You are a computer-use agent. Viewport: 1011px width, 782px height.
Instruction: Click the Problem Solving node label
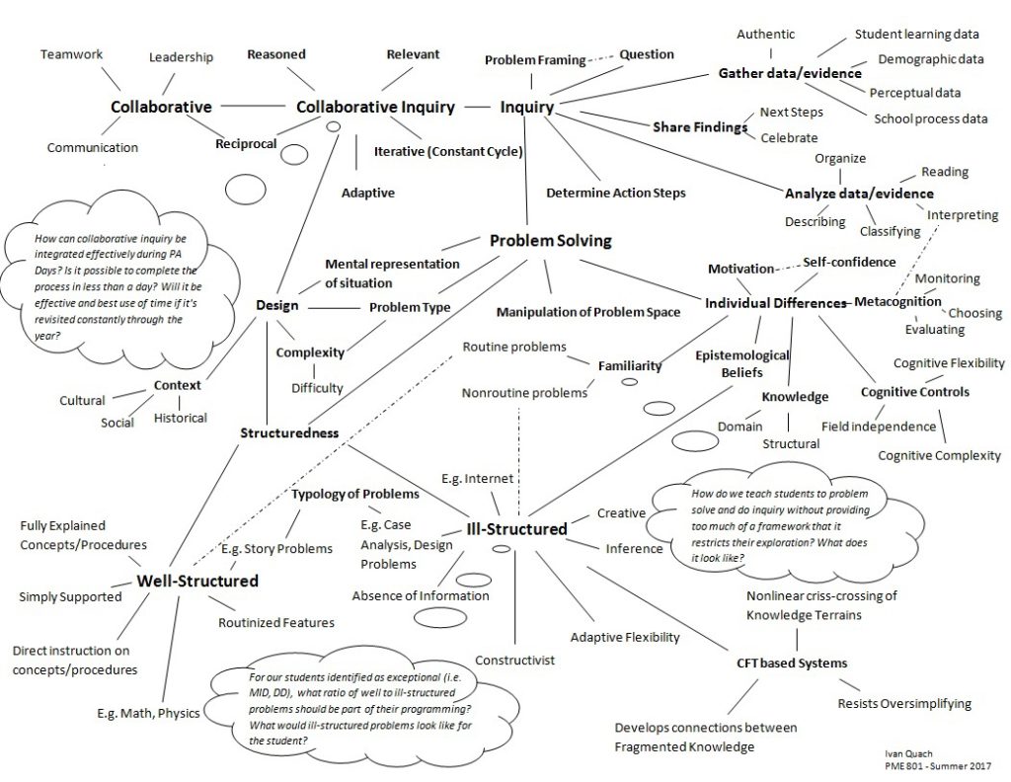551,240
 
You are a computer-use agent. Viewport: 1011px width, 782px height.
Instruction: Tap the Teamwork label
71,54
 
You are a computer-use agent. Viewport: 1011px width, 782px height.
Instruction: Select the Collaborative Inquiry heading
376,107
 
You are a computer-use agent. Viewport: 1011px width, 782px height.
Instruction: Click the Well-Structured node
197,581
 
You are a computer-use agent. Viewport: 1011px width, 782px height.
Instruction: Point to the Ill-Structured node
517,529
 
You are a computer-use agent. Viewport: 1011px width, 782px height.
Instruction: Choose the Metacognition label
897,300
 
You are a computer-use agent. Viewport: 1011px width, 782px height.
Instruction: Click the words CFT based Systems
792,663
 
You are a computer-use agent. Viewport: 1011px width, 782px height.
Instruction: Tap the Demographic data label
931,59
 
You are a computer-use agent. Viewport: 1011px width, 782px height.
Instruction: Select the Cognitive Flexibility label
949,363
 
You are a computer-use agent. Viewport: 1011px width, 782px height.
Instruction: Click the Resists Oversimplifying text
904,704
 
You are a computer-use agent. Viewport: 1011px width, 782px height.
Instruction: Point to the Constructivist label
514,660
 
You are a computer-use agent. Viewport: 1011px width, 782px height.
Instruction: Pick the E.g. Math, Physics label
148,713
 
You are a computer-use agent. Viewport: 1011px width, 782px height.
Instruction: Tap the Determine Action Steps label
615,193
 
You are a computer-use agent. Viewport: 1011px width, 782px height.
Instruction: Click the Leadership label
181,57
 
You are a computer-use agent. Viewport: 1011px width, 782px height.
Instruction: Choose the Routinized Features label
276,622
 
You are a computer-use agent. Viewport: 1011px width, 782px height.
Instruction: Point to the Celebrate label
789,137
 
